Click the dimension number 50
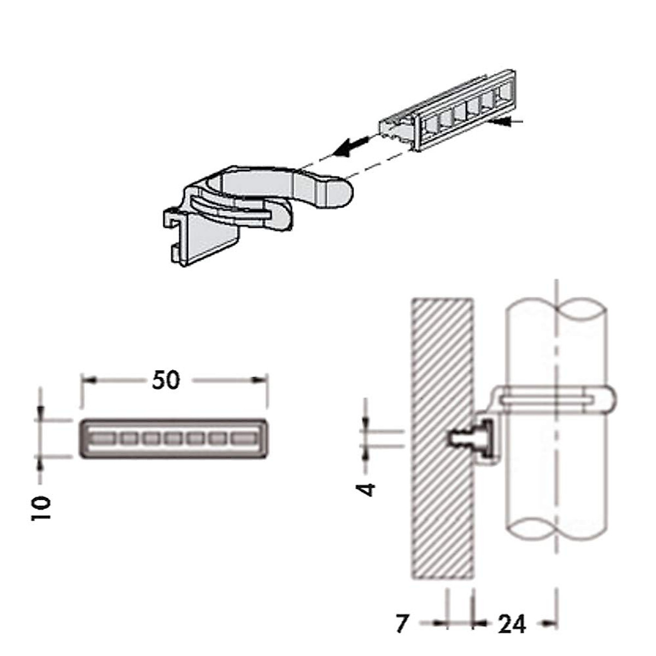point(166,380)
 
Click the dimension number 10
point(42,508)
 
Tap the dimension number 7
point(402,623)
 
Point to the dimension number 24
point(512,623)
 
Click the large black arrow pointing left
point(350,146)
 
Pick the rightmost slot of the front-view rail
point(244,438)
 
